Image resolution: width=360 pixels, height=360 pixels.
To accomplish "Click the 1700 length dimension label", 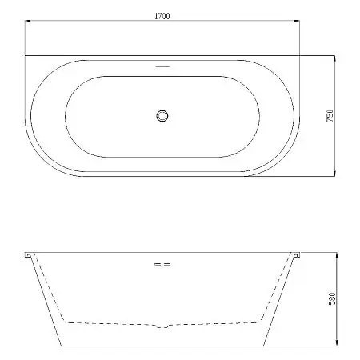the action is [x=162, y=16].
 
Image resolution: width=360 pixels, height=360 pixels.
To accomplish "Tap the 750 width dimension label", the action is [x=330, y=115].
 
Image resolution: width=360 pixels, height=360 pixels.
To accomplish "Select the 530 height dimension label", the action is [x=332, y=298].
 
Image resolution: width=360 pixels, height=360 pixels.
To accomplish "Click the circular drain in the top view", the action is [x=162, y=116].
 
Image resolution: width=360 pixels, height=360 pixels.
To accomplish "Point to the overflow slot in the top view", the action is [x=162, y=66].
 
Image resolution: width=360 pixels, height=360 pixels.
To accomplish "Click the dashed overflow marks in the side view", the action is [x=162, y=264].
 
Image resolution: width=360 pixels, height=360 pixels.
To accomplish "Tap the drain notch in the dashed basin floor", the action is [x=162, y=326].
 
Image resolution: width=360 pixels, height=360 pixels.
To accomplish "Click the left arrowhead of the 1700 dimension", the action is [x=27, y=21].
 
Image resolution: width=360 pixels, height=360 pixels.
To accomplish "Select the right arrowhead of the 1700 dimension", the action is [x=297, y=21].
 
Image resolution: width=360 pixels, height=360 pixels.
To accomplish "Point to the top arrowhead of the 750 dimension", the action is [x=334, y=58].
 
